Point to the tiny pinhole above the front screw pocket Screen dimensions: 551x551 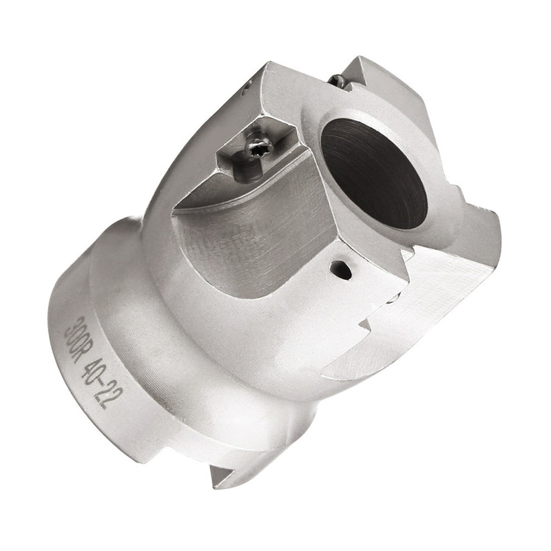coord(245,86)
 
